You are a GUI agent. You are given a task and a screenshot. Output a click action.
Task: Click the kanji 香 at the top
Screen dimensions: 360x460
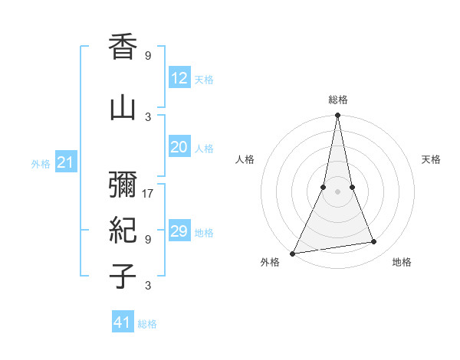tap(123, 48)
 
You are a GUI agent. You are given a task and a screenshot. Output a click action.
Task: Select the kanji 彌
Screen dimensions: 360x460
tap(123, 185)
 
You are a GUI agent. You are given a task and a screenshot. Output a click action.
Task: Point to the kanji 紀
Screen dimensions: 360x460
tap(123, 231)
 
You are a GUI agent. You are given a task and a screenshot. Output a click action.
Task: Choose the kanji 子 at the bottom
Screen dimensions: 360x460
tap(123, 277)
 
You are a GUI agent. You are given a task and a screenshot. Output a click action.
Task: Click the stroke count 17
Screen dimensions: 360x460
tap(148, 193)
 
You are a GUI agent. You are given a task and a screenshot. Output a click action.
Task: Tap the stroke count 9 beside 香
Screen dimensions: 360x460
tap(148, 56)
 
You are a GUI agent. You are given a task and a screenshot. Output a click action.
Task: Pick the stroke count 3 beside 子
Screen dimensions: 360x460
tap(148, 286)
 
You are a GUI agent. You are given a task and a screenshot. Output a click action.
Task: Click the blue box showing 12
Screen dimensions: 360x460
tap(179, 78)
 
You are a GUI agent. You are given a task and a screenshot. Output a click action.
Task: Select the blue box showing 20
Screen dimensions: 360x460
tap(179, 148)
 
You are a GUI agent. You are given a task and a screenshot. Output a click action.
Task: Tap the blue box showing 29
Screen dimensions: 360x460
tap(179, 231)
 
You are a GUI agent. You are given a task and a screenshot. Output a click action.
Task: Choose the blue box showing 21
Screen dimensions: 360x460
tap(65, 162)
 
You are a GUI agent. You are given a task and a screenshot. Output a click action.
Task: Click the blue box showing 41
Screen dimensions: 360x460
tap(123, 322)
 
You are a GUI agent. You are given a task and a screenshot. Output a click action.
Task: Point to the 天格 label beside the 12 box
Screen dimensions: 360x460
tap(204, 80)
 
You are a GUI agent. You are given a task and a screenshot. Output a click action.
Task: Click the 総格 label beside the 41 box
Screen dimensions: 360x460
tap(147, 324)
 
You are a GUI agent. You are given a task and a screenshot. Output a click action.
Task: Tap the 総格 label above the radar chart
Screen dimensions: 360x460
tap(337, 100)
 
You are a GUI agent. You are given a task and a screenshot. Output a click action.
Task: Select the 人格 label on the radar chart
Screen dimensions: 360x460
tap(245, 159)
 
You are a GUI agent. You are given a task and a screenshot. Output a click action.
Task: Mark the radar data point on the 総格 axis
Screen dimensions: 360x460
tap(337, 116)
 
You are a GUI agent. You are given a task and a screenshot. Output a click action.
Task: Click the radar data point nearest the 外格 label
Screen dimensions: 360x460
tap(292, 254)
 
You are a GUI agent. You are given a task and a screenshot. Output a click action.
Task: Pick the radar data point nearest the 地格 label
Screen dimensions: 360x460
tap(374, 242)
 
